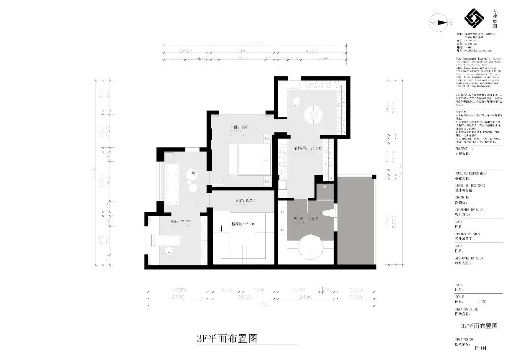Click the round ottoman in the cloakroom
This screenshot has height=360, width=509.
point(313,114)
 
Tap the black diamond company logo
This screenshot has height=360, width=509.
point(474,19)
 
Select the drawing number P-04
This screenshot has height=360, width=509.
point(480,348)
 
